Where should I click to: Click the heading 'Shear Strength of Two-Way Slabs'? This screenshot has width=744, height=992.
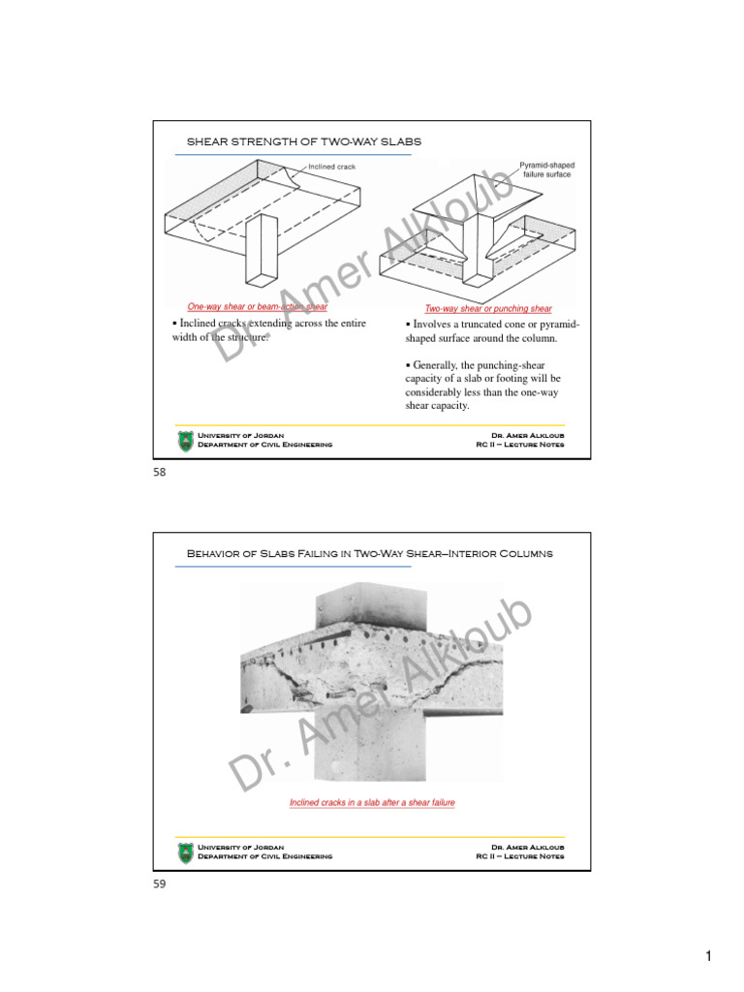[303, 142]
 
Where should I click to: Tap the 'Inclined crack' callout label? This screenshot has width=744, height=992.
[331, 167]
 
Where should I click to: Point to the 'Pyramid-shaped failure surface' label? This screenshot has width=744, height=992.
[546, 170]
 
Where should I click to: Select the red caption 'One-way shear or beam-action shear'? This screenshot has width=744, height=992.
[257, 306]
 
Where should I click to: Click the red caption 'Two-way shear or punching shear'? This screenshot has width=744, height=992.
[488, 309]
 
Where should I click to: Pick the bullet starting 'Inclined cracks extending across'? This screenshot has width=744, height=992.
[268, 330]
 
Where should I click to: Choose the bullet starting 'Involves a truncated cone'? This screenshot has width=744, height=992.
[492, 331]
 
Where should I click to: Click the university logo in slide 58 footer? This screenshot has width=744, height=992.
[185, 441]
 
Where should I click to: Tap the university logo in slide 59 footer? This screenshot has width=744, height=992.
[185, 852]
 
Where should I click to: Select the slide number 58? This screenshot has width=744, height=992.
[160, 472]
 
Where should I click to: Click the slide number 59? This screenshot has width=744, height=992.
[160, 883]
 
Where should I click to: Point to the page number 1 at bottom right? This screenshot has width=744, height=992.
[708, 957]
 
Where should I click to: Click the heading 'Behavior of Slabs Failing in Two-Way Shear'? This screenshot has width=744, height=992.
[369, 553]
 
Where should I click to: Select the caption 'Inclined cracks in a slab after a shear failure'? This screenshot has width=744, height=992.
[372, 802]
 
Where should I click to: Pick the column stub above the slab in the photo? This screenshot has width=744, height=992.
[368, 604]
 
